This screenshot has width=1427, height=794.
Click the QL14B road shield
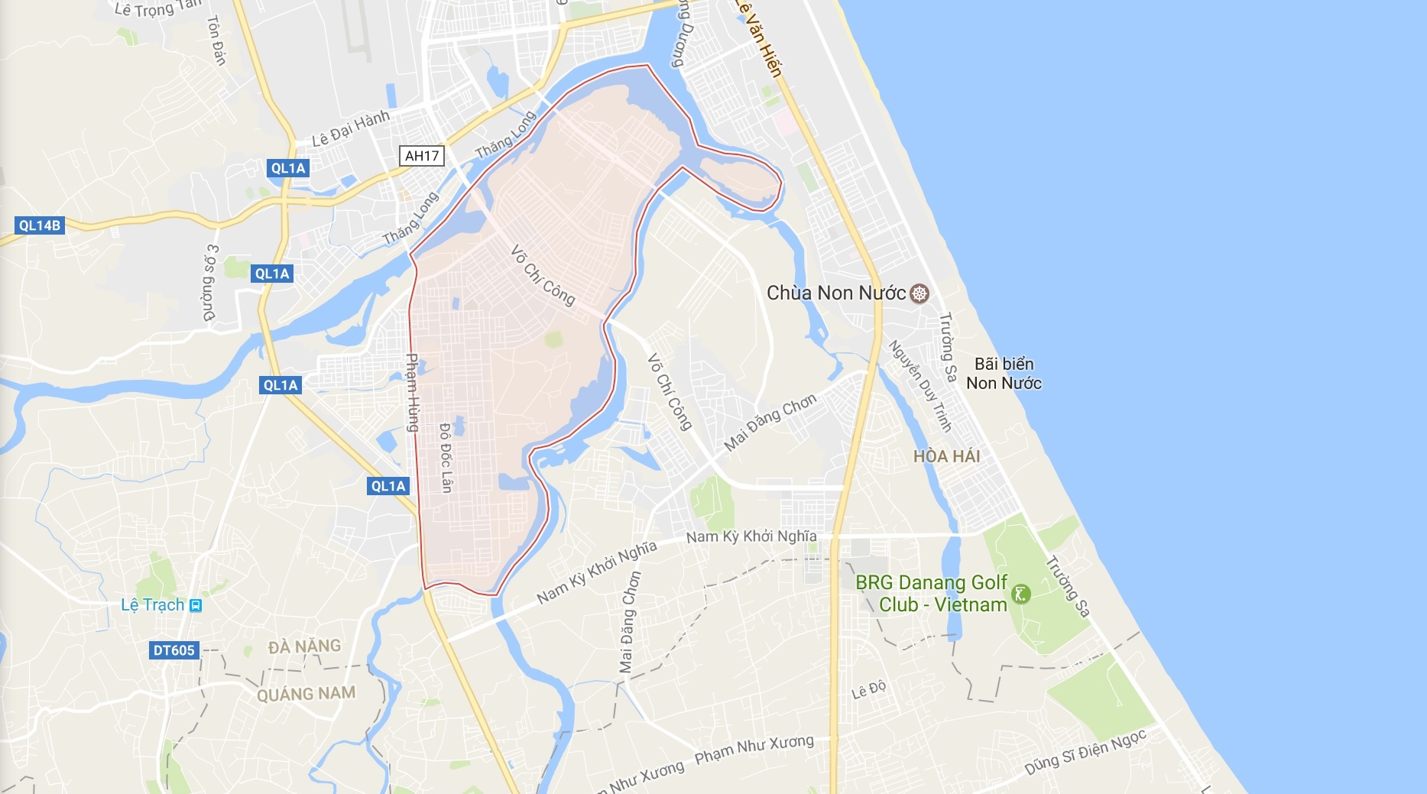(39, 225)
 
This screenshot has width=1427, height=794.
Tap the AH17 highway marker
(422, 156)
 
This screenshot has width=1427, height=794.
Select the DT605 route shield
(174, 650)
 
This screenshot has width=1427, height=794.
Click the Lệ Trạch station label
(153, 605)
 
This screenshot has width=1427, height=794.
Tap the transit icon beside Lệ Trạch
(196, 605)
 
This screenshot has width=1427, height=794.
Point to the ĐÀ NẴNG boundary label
(304, 647)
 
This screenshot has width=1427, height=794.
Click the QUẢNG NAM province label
(306, 694)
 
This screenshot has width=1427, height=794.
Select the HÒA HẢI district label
(946, 456)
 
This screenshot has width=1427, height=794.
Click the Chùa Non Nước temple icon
(920, 293)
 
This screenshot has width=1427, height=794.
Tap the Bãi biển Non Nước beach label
(1004, 374)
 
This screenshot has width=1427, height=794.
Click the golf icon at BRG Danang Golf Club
(1021, 594)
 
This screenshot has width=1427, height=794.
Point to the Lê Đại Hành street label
(351, 128)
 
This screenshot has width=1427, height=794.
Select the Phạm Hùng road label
(412, 392)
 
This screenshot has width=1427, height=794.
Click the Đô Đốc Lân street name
(446, 458)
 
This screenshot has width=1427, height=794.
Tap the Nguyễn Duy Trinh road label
(919, 385)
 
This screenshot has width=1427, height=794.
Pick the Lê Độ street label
(869, 689)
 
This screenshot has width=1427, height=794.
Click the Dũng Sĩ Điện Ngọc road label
(1085, 752)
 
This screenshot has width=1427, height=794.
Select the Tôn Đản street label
(216, 41)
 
